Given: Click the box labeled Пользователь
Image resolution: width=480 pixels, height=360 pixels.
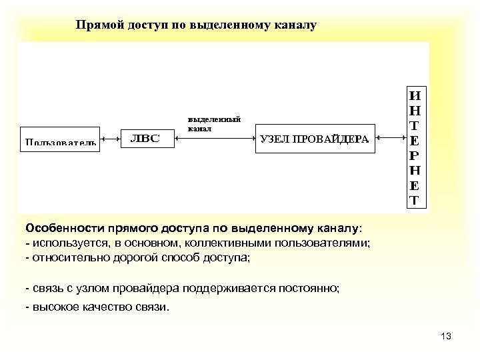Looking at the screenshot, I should (x=60, y=140).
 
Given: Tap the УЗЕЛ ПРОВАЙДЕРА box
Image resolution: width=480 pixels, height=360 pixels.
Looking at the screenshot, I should (x=313, y=139).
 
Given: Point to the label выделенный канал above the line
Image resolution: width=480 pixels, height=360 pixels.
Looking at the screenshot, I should (x=213, y=124).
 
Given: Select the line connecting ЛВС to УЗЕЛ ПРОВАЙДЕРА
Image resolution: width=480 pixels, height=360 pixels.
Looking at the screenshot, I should (x=213, y=139).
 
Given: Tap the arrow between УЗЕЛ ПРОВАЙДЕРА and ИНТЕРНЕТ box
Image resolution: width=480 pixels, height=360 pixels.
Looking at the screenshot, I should (x=391, y=139).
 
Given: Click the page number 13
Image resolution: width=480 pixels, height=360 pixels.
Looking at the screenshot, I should (x=446, y=336).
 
